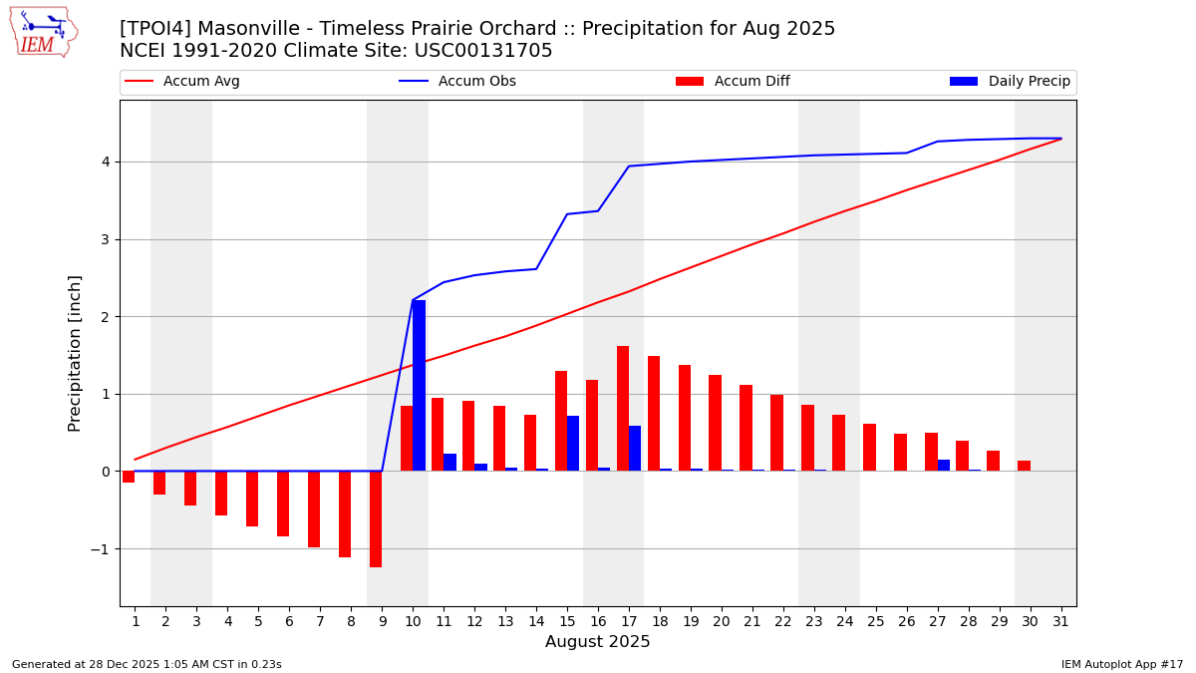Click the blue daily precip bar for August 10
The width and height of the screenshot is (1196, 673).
[x=419, y=386]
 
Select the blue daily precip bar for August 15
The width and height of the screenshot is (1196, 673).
[x=573, y=444]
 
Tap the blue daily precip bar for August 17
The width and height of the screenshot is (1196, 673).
[x=635, y=449]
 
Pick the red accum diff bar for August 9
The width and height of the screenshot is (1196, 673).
[x=376, y=518]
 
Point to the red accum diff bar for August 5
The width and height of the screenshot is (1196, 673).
[x=252, y=499]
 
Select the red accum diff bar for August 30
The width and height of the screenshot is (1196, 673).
[x=1024, y=466]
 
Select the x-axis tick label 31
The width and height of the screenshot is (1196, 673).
[x=1060, y=621]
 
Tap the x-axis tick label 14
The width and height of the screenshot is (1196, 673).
[x=536, y=621]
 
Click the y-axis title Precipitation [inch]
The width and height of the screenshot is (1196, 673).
[x=76, y=353]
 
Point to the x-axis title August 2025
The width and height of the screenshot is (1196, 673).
[x=598, y=642]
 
